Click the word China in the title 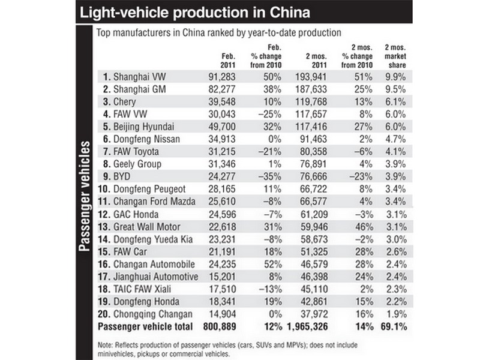[290, 12]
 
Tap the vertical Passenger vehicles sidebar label [85, 196]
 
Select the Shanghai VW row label [134, 77]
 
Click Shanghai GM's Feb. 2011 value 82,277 [222, 89]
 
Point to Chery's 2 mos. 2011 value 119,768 [311, 101]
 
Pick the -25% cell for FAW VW [269, 114]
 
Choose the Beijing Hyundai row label [139, 127]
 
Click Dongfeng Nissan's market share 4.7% [395, 139]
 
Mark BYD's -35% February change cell [269, 176]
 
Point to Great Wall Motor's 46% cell [364, 227]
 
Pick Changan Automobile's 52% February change [273, 264]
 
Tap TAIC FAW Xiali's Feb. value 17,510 [223, 289]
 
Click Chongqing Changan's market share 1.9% [397, 314]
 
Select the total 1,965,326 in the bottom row [307, 326]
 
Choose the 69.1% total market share [394, 326]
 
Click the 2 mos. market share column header [395, 56]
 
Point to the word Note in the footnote [105, 345]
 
